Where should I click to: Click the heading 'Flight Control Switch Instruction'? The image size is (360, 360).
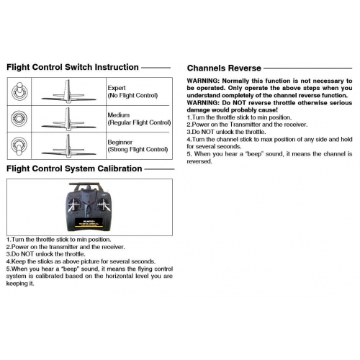[72, 67]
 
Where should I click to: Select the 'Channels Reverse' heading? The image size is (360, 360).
[228, 69]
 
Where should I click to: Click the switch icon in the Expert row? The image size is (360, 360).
[19, 90]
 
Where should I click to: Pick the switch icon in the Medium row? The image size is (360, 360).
[19, 117]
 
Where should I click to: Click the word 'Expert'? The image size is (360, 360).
[116, 87]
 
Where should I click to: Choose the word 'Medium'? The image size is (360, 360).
[117, 114]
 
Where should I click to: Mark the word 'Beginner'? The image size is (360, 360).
[120, 142]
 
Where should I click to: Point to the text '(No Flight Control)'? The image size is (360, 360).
[134, 95]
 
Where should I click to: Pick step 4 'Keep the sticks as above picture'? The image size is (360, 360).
[79, 261]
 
